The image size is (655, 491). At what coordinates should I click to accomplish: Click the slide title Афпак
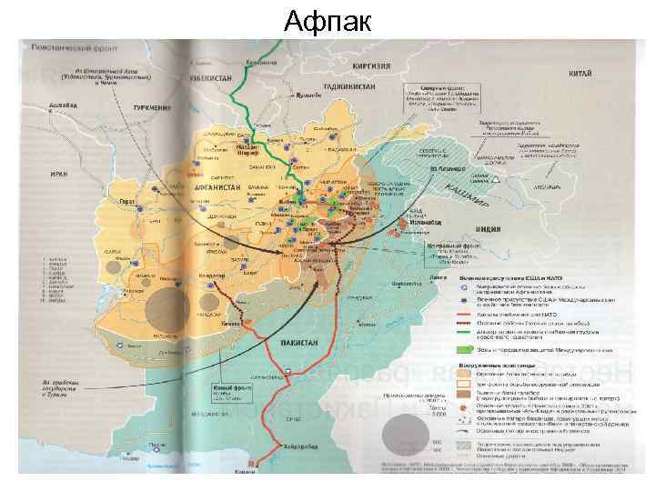tap(327, 19)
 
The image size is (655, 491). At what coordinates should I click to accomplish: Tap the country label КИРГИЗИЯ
tap(373, 65)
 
